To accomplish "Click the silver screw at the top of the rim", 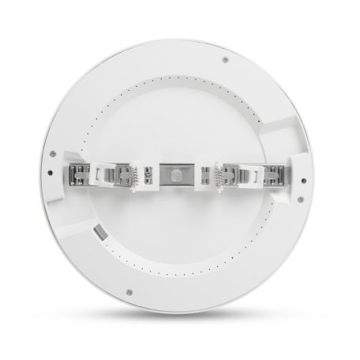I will coord(226,59).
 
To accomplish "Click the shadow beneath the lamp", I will coord(180,332).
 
